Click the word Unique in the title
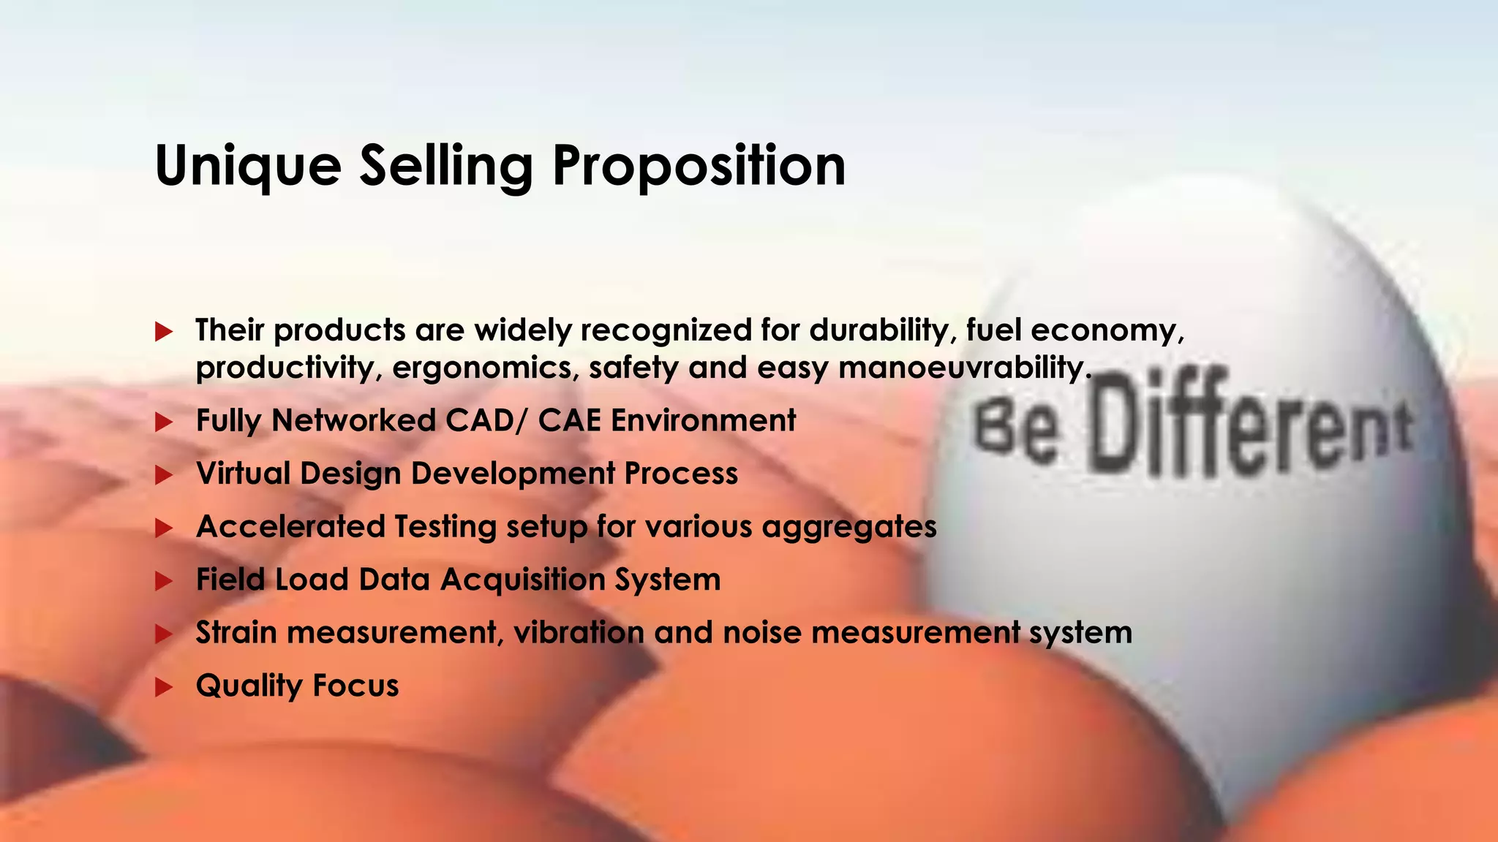point(248,167)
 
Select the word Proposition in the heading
point(699,167)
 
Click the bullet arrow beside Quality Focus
point(164,687)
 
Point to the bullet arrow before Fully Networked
point(164,422)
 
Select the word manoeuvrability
point(960,367)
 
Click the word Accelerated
point(290,526)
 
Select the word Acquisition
point(522,580)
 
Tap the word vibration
point(579,632)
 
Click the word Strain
point(236,632)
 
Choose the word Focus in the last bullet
point(355,686)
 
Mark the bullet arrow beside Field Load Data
point(164,581)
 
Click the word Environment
point(703,421)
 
